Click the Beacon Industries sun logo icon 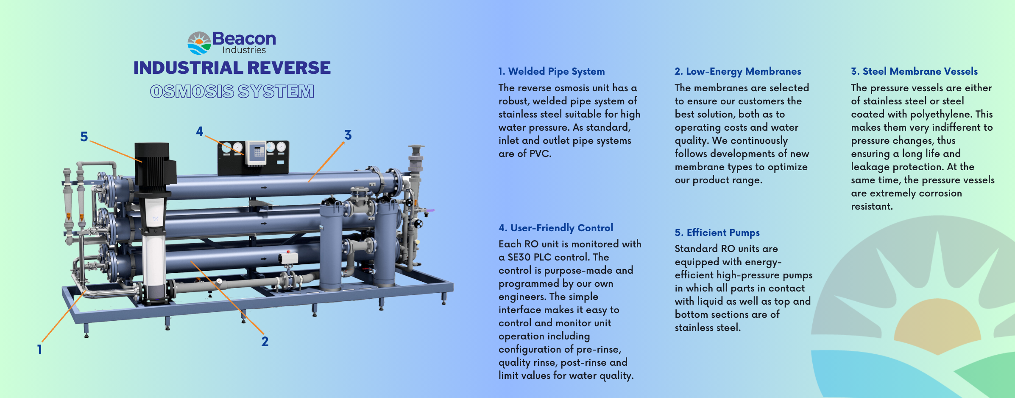point(199,43)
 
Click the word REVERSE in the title point(289,68)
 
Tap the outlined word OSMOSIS point(192,91)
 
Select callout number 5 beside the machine point(84,137)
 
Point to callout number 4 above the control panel point(199,132)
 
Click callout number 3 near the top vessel point(348,135)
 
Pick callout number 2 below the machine point(265,342)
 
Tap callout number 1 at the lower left point(39,350)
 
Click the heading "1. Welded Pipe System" point(552,71)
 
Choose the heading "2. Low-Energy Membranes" point(738,71)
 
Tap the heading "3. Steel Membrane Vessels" point(914,71)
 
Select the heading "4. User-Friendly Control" point(556,228)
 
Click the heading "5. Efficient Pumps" point(717,233)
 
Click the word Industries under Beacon point(244,50)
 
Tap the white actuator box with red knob point(288,257)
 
